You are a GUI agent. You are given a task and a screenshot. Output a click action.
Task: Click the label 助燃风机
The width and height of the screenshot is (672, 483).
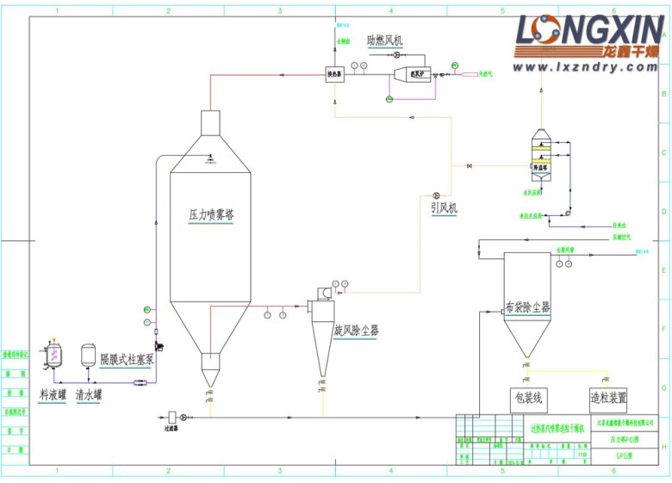point(383,40)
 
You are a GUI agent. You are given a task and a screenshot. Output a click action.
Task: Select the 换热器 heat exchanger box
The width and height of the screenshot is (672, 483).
point(335,75)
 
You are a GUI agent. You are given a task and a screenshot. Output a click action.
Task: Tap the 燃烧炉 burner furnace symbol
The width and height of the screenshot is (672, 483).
point(413,75)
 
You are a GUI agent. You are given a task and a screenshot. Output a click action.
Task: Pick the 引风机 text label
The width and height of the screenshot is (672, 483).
point(445,207)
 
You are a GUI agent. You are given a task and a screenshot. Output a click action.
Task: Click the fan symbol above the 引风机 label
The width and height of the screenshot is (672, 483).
point(437,195)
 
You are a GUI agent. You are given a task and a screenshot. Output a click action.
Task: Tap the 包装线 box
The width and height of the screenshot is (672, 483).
point(528,399)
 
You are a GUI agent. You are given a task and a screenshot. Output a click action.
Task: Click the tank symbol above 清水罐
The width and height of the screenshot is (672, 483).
point(88,355)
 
